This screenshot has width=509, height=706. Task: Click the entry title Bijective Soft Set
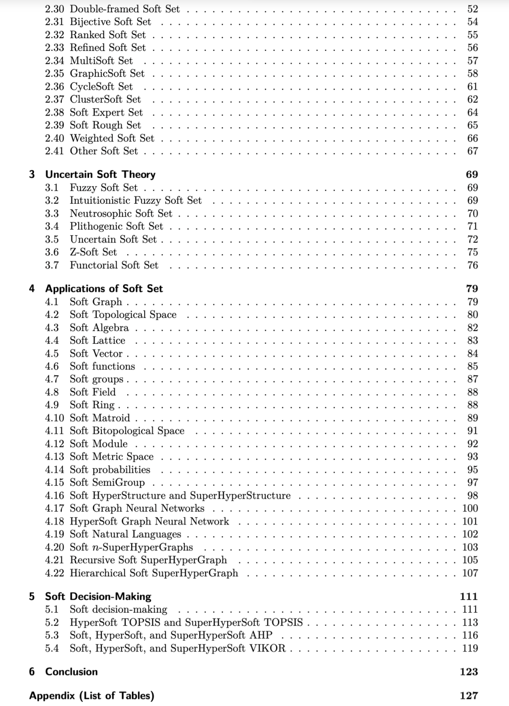coord(110,22)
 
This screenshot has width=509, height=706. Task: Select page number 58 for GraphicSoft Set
coord(472,74)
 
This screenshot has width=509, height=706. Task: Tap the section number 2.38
coord(54,112)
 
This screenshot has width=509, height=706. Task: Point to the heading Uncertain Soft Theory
coord(100,174)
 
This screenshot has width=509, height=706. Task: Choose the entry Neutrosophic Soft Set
coord(121,214)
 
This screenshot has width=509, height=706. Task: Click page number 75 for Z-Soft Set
coord(472,252)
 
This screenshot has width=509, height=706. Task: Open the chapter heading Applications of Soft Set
coord(104,289)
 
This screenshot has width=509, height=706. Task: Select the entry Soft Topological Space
coord(123,315)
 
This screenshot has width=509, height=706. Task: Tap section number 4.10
coord(54,418)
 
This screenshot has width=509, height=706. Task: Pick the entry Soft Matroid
coord(99,418)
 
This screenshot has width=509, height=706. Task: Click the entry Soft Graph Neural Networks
coord(137,508)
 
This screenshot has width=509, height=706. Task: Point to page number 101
coord(470,522)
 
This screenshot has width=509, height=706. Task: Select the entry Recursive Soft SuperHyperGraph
coord(148,560)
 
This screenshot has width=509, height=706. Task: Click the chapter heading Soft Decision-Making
coord(98,597)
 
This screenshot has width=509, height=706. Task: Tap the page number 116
coord(470,635)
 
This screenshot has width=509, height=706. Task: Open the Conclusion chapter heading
coord(71,672)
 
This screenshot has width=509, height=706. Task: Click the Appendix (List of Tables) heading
coord(91,696)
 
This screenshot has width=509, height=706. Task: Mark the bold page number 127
coord(468,696)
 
